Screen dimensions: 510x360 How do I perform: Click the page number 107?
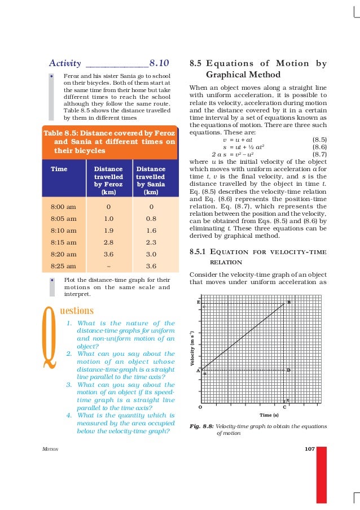click(x=309, y=449)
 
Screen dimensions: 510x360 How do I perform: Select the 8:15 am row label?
click(x=63, y=242)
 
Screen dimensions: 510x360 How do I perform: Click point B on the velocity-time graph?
click(x=289, y=302)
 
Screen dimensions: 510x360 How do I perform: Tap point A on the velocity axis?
click(x=199, y=370)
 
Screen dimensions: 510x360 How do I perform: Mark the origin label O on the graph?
click(x=200, y=407)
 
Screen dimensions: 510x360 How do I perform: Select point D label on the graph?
click(x=288, y=370)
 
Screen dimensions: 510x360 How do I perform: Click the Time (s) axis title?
click(x=269, y=415)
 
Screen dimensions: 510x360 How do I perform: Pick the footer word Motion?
click(x=50, y=449)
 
